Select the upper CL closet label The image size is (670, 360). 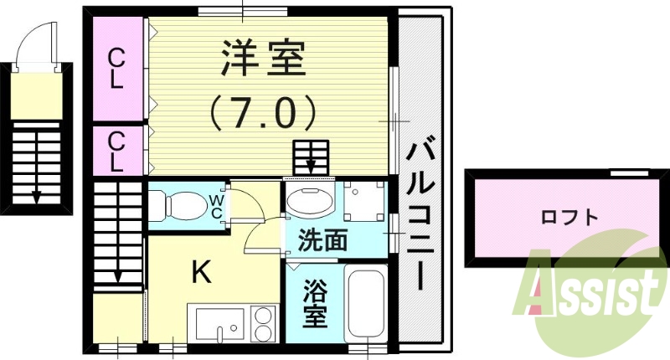[117, 69]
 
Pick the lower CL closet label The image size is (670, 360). [117, 151]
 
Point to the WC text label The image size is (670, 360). [215, 207]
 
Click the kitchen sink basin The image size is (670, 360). [220, 323]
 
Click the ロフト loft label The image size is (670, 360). [569, 218]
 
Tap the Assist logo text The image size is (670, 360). [590, 293]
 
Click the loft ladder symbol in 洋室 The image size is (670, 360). [311, 157]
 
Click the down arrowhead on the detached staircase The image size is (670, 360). [38, 198]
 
